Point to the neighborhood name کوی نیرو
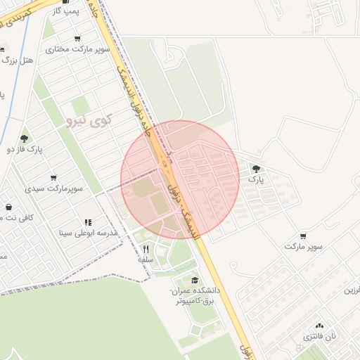(x=89, y=120)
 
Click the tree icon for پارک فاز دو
(x=25, y=138)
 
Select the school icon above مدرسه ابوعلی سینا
(x=89, y=222)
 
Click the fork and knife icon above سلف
(x=146, y=248)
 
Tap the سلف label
(x=146, y=259)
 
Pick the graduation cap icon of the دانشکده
(x=195, y=280)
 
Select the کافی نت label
(x=18, y=217)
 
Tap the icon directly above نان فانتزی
(x=320, y=325)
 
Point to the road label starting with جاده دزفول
(x=139, y=105)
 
